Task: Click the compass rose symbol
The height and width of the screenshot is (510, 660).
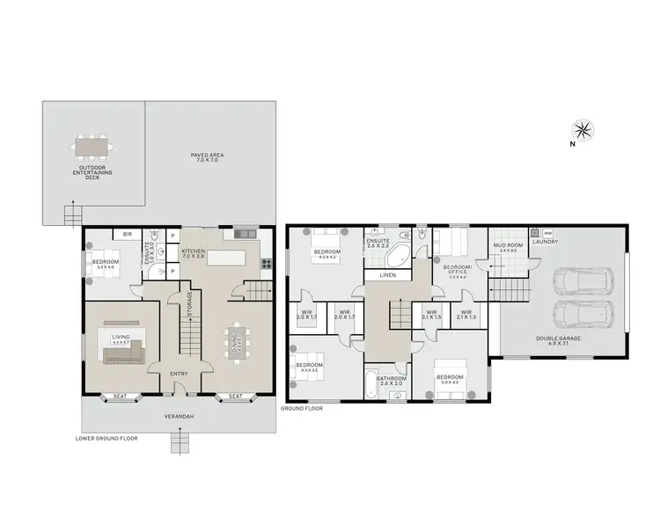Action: coord(585,130)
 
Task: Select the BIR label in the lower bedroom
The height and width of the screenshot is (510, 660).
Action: coord(128,235)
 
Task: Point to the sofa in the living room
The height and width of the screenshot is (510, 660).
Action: coord(122,353)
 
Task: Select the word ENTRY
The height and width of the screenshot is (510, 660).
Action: coord(179,374)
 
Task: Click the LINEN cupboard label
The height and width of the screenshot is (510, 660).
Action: coord(388,275)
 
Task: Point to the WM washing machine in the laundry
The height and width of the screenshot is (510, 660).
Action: coord(547,234)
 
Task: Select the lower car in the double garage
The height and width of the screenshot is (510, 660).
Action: coord(582,313)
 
